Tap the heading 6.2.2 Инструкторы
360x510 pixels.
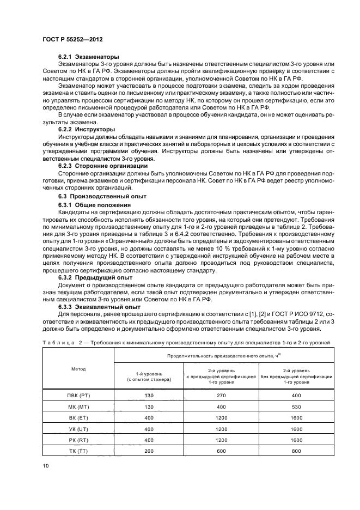pyautogui.click(x=87, y=130)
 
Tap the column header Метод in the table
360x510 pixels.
pyautogui.click(x=78, y=369)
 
